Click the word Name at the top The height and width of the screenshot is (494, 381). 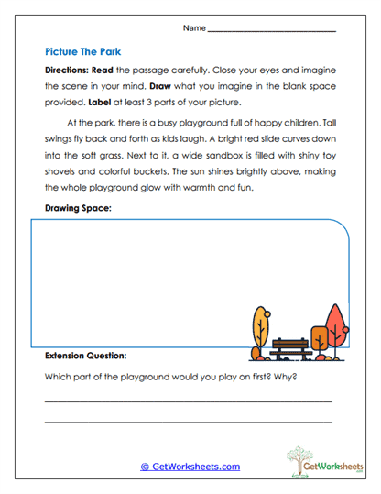(x=194, y=28)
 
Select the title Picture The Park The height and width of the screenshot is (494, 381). (x=82, y=53)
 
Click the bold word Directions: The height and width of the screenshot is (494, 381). (x=71, y=71)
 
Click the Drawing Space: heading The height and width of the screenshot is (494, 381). (x=79, y=209)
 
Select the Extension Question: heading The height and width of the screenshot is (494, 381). (x=86, y=355)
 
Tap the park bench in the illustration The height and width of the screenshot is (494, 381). (x=290, y=347)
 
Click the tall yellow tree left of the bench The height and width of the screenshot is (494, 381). (x=260, y=325)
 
